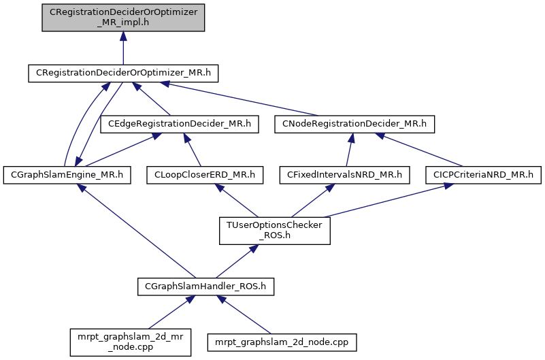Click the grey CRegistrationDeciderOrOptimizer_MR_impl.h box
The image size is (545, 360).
[122, 17]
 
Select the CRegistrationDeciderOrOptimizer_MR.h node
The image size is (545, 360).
[122, 73]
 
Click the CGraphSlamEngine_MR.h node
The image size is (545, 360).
[66, 175]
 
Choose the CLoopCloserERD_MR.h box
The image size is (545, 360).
[205, 175]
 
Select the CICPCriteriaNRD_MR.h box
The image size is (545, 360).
[483, 175]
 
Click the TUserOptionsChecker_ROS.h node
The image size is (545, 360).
[274, 231]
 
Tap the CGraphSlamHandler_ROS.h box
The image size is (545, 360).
[205, 287]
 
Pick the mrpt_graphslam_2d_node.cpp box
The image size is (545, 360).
[282, 342]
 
